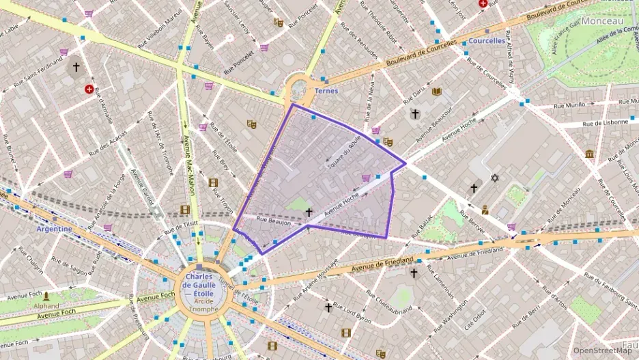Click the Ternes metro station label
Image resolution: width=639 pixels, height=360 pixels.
326,91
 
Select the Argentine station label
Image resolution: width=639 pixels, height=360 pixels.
55,229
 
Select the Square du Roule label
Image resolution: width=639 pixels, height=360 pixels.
343,152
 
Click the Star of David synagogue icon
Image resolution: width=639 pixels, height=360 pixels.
495,178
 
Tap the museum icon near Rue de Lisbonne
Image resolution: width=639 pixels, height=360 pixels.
588,154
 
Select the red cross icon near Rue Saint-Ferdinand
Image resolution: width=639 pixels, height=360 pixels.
89,89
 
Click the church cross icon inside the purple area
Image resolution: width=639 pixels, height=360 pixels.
309,212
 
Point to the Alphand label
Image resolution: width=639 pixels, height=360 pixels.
46,306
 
